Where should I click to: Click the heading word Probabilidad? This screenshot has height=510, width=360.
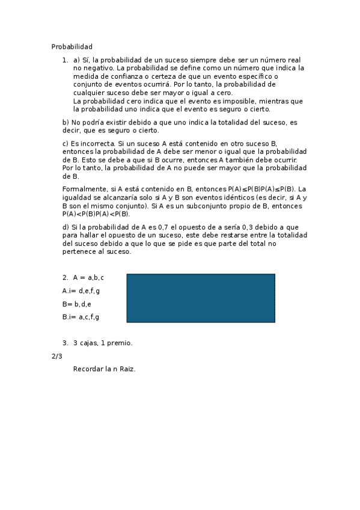(x=72, y=46)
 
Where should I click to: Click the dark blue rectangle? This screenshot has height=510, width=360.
(x=200, y=298)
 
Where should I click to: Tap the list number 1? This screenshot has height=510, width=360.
(x=64, y=60)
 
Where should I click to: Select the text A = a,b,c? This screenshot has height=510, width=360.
(x=88, y=278)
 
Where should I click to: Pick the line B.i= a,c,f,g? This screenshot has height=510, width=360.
(x=81, y=317)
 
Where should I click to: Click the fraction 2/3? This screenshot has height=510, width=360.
(x=57, y=356)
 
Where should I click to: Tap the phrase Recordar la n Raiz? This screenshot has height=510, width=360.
(x=104, y=369)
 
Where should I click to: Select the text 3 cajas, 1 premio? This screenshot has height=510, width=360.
(x=102, y=343)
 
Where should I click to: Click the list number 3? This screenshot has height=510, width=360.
(x=64, y=343)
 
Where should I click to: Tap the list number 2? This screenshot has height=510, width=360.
(x=64, y=278)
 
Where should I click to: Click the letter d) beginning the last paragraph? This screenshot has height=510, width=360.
(x=66, y=227)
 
